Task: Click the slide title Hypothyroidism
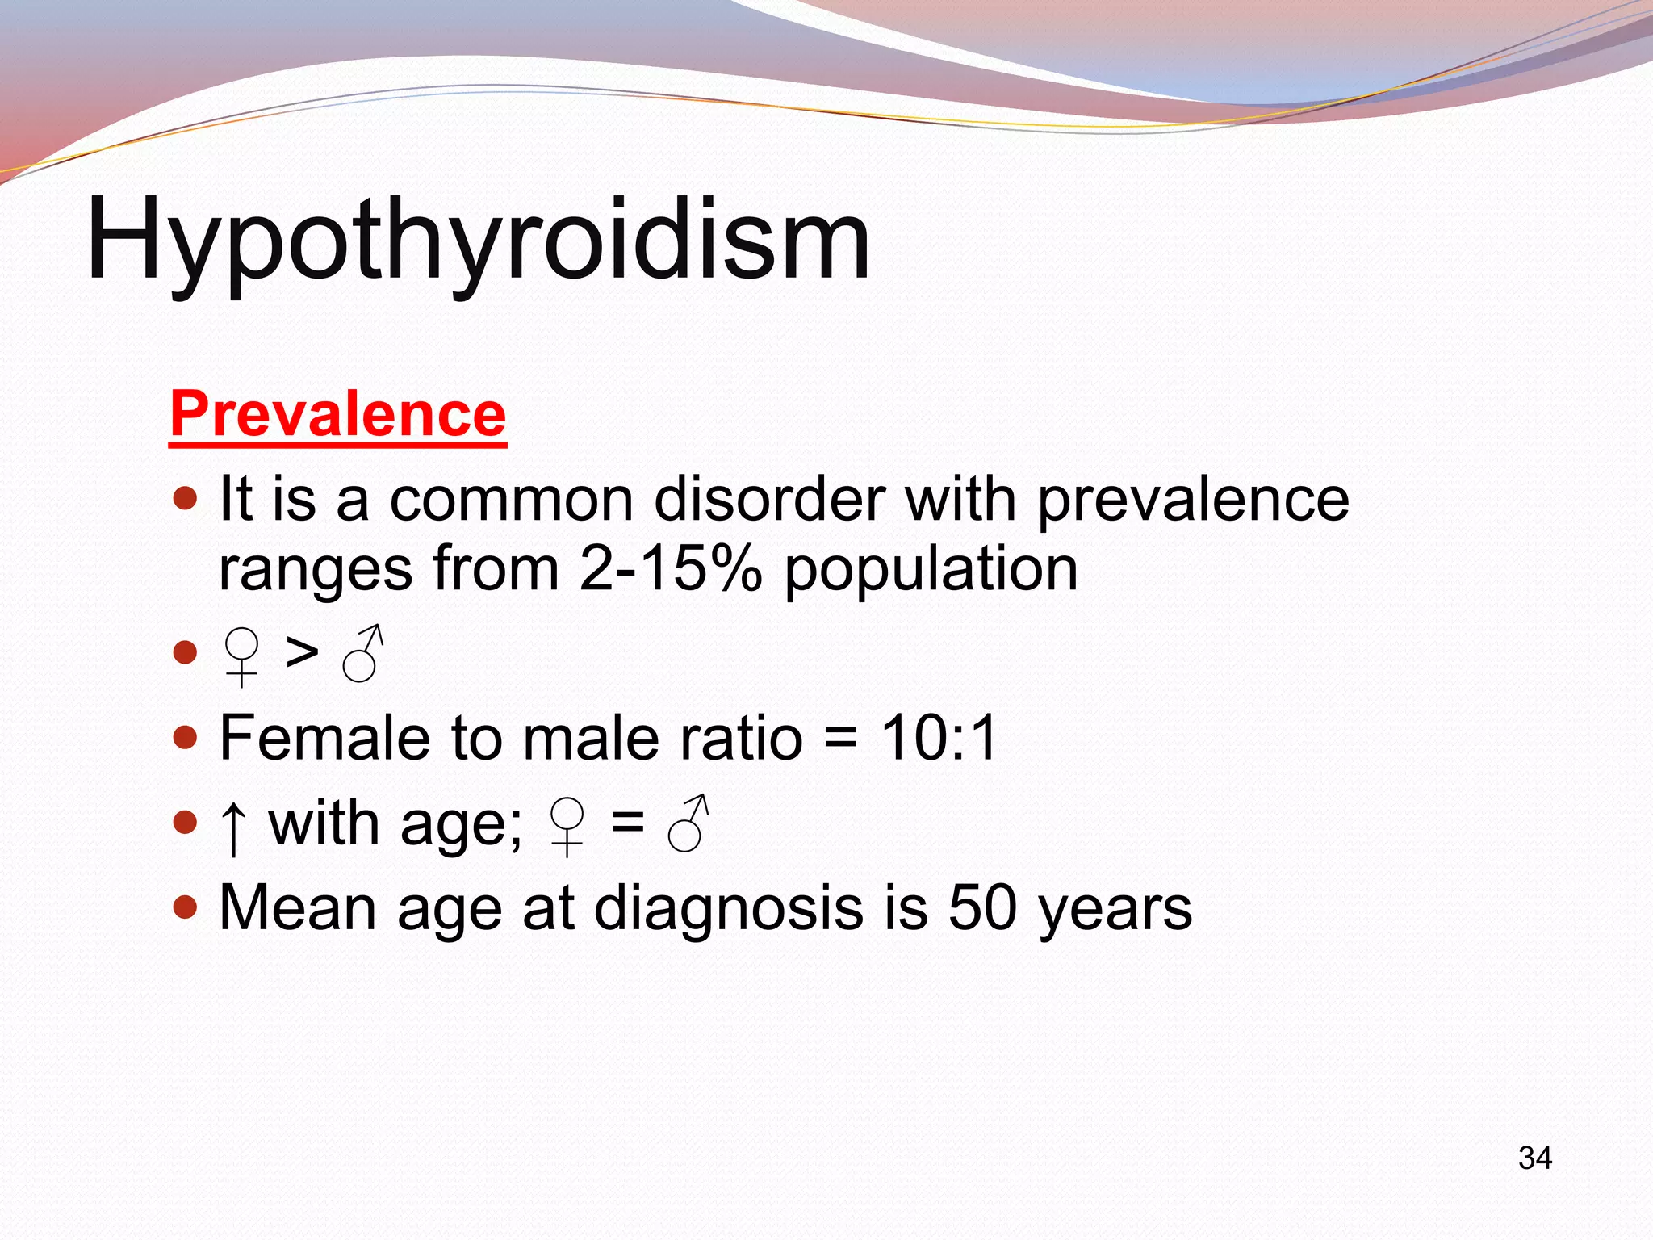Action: [x=478, y=241]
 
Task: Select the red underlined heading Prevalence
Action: [x=338, y=414]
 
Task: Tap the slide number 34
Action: [x=1534, y=1158]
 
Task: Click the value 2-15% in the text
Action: [x=670, y=568]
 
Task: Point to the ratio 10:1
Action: [x=939, y=737]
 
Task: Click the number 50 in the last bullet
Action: [x=982, y=907]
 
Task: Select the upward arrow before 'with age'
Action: [x=233, y=827]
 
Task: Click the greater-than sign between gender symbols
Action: [x=302, y=652]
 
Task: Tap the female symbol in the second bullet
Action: [x=241, y=656]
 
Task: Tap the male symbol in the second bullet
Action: [x=362, y=654]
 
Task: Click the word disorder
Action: [x=770, y=499]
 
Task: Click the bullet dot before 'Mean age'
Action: [x=186, y=907]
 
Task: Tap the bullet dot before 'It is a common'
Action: [x=186, y=498]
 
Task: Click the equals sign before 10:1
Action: [x=840, y=739]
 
